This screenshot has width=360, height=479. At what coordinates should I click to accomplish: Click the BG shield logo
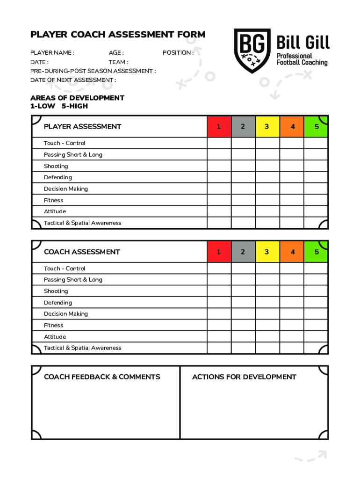[x=252, y=51]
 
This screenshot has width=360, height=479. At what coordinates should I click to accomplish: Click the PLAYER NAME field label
[x=52, y=53]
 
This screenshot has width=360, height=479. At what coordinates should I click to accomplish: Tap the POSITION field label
[x=178, y=53]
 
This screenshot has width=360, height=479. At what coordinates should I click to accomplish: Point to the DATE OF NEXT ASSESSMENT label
[x=73, y=80]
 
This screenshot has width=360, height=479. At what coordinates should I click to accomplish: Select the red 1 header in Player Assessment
[x=219, y=126]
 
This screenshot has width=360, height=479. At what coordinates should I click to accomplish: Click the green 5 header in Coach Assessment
[x=316, y=252]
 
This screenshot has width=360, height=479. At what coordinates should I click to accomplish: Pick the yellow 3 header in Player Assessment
[x=266, y=126]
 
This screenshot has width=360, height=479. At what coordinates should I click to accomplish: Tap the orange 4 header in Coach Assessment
[x=292, y=252]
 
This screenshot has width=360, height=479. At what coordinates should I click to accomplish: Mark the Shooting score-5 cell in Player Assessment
[x=316, y=166]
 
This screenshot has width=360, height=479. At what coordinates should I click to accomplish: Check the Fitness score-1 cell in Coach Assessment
[x=219, y=325]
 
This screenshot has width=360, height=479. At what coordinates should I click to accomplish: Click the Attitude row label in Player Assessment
[x=55, y=211]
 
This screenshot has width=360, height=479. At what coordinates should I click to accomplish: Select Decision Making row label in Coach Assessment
[x=66, y=314]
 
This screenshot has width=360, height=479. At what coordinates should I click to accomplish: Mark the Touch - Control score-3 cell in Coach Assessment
[x=266, y=269]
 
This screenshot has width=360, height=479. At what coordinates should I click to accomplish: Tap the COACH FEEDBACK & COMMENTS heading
[x=102, y=377]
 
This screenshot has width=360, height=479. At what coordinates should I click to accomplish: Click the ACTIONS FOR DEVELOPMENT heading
[x=244, y=377]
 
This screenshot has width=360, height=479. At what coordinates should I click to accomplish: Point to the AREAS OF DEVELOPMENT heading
[x=77, y=98]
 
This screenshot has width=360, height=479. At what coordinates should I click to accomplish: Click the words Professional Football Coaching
[x=302, y=59]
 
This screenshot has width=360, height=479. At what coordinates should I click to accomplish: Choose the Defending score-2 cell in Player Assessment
[x=243, y=177]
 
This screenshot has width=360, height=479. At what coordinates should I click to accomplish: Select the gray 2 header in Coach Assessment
[x=243, y=252]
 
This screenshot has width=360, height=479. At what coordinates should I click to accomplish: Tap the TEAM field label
[x=118, y=62]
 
